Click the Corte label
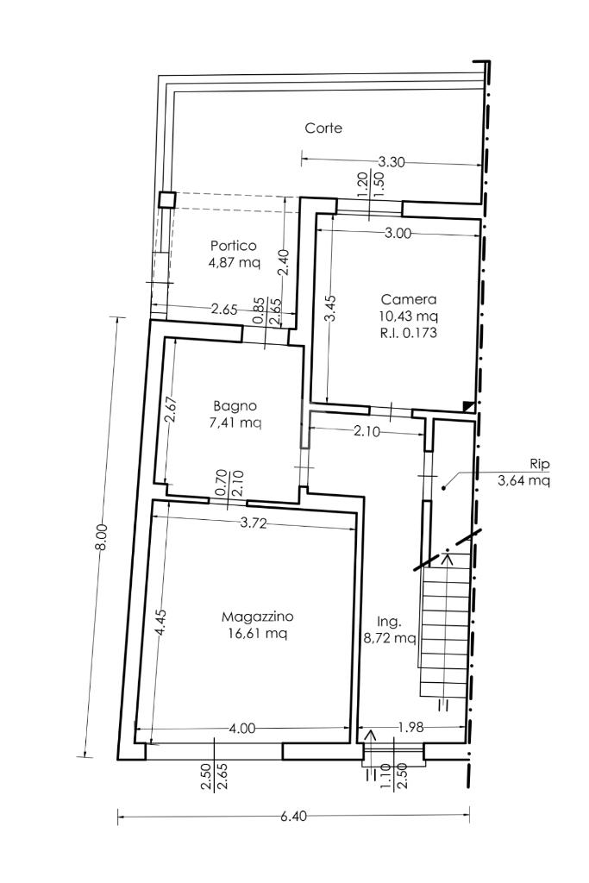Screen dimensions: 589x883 pyautogui.click(x=323, y=128)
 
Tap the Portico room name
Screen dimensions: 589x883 pyautogui.click(x=233, y=246)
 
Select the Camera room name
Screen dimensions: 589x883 pyautogui.click(x=408, y=299)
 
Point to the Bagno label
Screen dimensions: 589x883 pyautogui.click(x=235, y=405)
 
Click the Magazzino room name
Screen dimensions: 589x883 pyautogui.click(x=257, y=617)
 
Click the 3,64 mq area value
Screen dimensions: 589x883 pyautogui.click(x=524, y=480)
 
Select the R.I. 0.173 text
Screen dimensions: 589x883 pyautogui.click(x=408, y=332)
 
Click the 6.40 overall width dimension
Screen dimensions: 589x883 pyautogui.click(x=293, y=816)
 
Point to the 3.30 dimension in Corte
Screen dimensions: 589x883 pyautogui.click(x=391, y=162)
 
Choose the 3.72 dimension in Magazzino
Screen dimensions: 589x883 pyautogui.click(x=253, y=523)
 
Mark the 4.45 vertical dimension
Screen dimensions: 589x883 pyautogui.click(x=160, y=623)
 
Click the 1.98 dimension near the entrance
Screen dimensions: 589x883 pyautogui.click(x=410, y=727)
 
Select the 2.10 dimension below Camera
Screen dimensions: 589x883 pyautogui.click(x=367, y=432)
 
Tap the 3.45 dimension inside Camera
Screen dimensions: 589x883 pyautogui.click(x=331, y=308)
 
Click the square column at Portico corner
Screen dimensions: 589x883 pyautogui.click(x=167, y=200)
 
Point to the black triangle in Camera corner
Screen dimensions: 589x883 pyautogui.click(x=468, y=406)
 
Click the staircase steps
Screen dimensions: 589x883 pyautogui.click(x=445, y=625)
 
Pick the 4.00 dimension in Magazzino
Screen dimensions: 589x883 pyautogui.click(x=242, y=728)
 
